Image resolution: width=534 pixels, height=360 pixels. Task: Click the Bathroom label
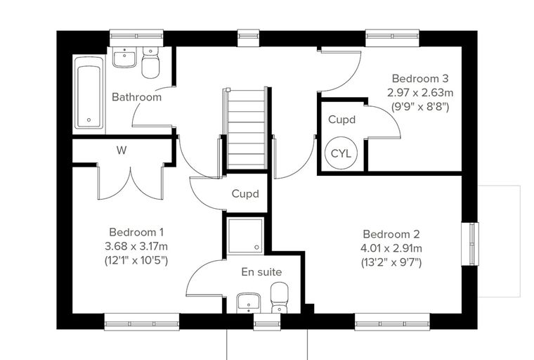136,97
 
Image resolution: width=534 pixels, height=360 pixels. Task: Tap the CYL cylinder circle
341,153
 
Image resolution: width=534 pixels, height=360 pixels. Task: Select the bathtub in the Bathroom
89,92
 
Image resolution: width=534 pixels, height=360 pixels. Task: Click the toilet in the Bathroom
150,63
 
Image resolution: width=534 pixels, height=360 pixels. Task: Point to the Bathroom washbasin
124,57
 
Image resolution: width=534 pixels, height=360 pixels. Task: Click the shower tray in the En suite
245,236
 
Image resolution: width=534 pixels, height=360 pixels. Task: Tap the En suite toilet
279,297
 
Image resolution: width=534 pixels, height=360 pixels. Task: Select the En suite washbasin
249,303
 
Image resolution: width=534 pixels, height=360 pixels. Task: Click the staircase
245,128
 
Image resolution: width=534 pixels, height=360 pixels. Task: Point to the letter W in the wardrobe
122,150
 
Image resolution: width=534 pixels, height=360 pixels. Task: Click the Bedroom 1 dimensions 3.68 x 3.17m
136,246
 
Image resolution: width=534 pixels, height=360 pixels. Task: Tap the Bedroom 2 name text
391,234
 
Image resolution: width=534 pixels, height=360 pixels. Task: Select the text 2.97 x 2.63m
420,92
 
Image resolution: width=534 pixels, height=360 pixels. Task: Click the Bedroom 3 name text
420,79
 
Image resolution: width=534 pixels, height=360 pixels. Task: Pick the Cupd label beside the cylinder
342,120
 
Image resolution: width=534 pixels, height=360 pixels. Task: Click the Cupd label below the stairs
245,194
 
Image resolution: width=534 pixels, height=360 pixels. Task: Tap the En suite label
261,271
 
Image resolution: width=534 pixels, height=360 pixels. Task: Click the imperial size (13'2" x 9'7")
391,263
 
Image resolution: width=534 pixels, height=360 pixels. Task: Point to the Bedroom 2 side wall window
470,244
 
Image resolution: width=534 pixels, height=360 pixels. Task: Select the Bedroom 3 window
392,37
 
